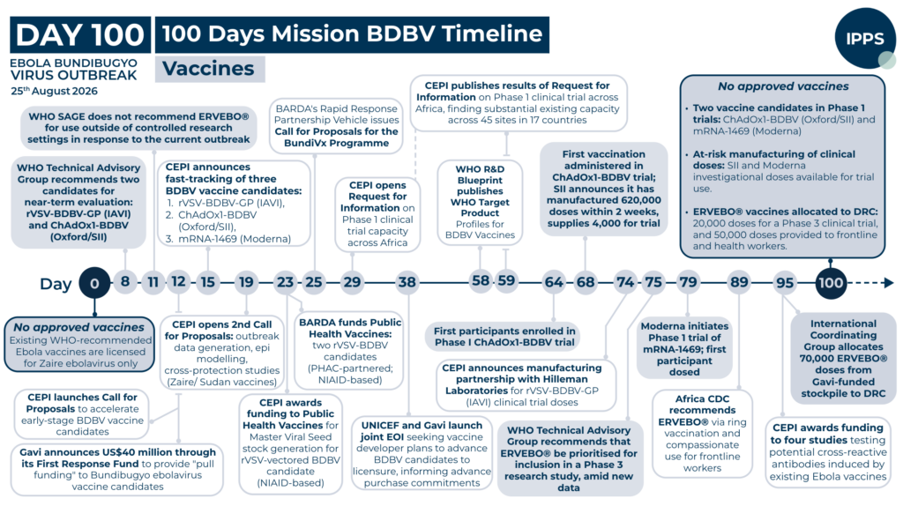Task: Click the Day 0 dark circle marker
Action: [x=94, y=283]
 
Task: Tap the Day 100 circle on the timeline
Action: [x=831, y=283]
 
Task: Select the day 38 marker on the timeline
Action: [x=407, y=282]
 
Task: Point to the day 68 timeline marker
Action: [x=586, y=282]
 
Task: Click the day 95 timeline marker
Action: [x=784, y=283]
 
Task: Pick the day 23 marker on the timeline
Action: [x=285, y=282]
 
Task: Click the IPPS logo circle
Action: [x=864, y=39]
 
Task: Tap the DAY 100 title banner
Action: [x=80, y=34]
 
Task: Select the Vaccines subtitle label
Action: [x=210, y=69]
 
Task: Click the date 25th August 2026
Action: [x=54, y=91]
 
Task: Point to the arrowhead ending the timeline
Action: [x=889, y=283]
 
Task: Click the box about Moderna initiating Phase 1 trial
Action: [x=684, y=349]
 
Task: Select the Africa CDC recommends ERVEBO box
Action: [x=702, y=433]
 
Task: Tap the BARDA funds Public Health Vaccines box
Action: [x=349, y=351]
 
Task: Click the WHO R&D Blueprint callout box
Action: [x=480, y=202]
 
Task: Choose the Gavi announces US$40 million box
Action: [x=117, y=469]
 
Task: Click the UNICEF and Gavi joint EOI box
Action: [x=422, y=454]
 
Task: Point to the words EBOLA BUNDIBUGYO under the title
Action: [x=74, y=63]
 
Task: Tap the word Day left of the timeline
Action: [x=56, y=284]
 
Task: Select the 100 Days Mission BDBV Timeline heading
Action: [x=353, y=34]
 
